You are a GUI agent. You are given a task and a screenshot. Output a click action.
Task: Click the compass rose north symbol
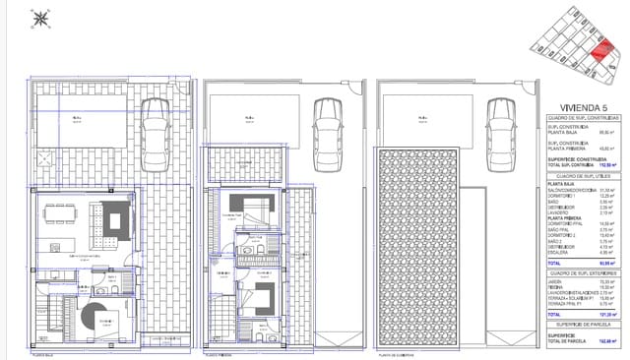[40, 19]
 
